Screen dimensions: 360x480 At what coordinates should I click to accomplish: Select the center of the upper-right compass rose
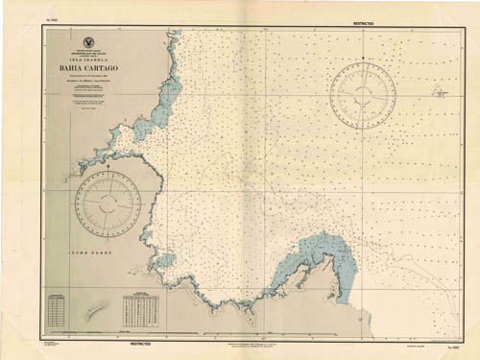tap(362, 95)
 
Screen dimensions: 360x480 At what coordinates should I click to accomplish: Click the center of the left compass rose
tap(108, 204)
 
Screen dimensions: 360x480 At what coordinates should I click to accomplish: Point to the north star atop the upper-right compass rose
tap(362, 62)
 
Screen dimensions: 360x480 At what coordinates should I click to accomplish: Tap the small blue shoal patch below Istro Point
tap(164, 261)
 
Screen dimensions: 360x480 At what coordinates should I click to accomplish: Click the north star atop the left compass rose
tap(108, 174)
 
